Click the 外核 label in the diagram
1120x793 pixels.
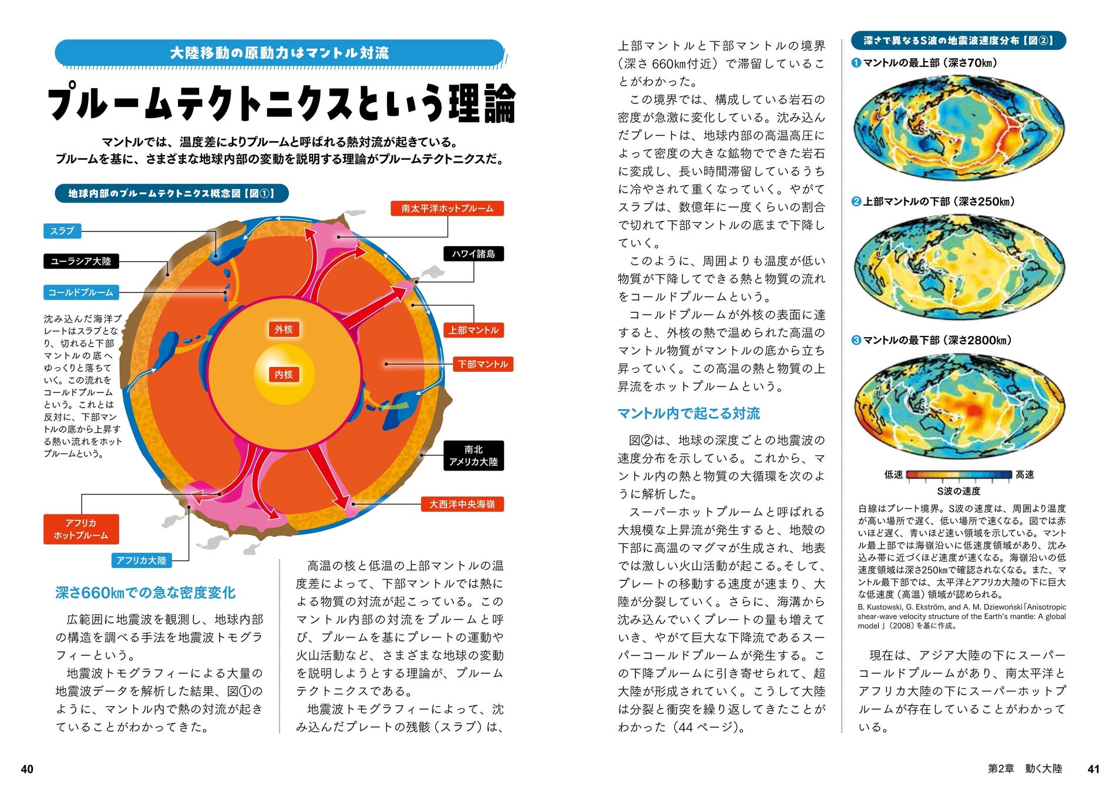point(284,330)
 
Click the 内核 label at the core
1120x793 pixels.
point(284,375)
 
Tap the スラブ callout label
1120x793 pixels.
point(62,231)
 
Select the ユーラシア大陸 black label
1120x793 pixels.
point(81,261)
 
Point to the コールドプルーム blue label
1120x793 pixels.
point(81,292)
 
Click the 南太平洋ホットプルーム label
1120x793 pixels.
point(448,209)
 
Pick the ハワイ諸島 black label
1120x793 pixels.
point(473,254)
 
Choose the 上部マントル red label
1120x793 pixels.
point(473,330)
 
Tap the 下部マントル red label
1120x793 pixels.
point(483,364)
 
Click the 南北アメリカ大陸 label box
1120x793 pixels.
point(473,456)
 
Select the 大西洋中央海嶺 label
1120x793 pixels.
point(462,504)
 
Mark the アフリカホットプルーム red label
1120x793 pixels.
point(81,529)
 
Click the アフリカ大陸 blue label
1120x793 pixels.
point(142,560)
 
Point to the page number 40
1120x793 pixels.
point(27,769)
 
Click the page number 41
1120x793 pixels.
point(1093,769)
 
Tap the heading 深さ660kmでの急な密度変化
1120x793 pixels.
point(145,593)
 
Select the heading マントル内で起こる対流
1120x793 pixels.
point(688,414)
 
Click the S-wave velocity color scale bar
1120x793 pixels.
point(959,475)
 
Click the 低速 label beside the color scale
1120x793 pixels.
point(893,475)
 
